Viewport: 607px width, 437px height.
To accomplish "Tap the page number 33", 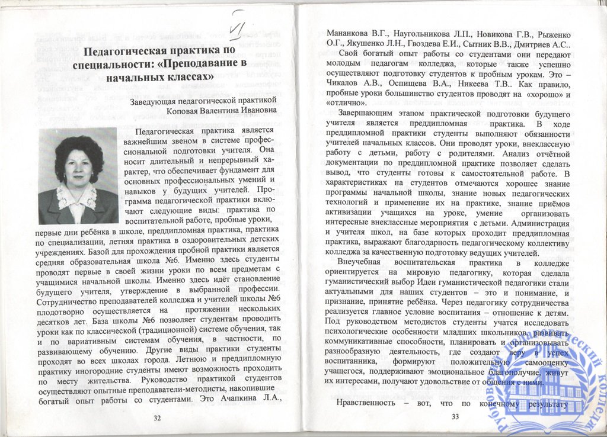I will [455, 416].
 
